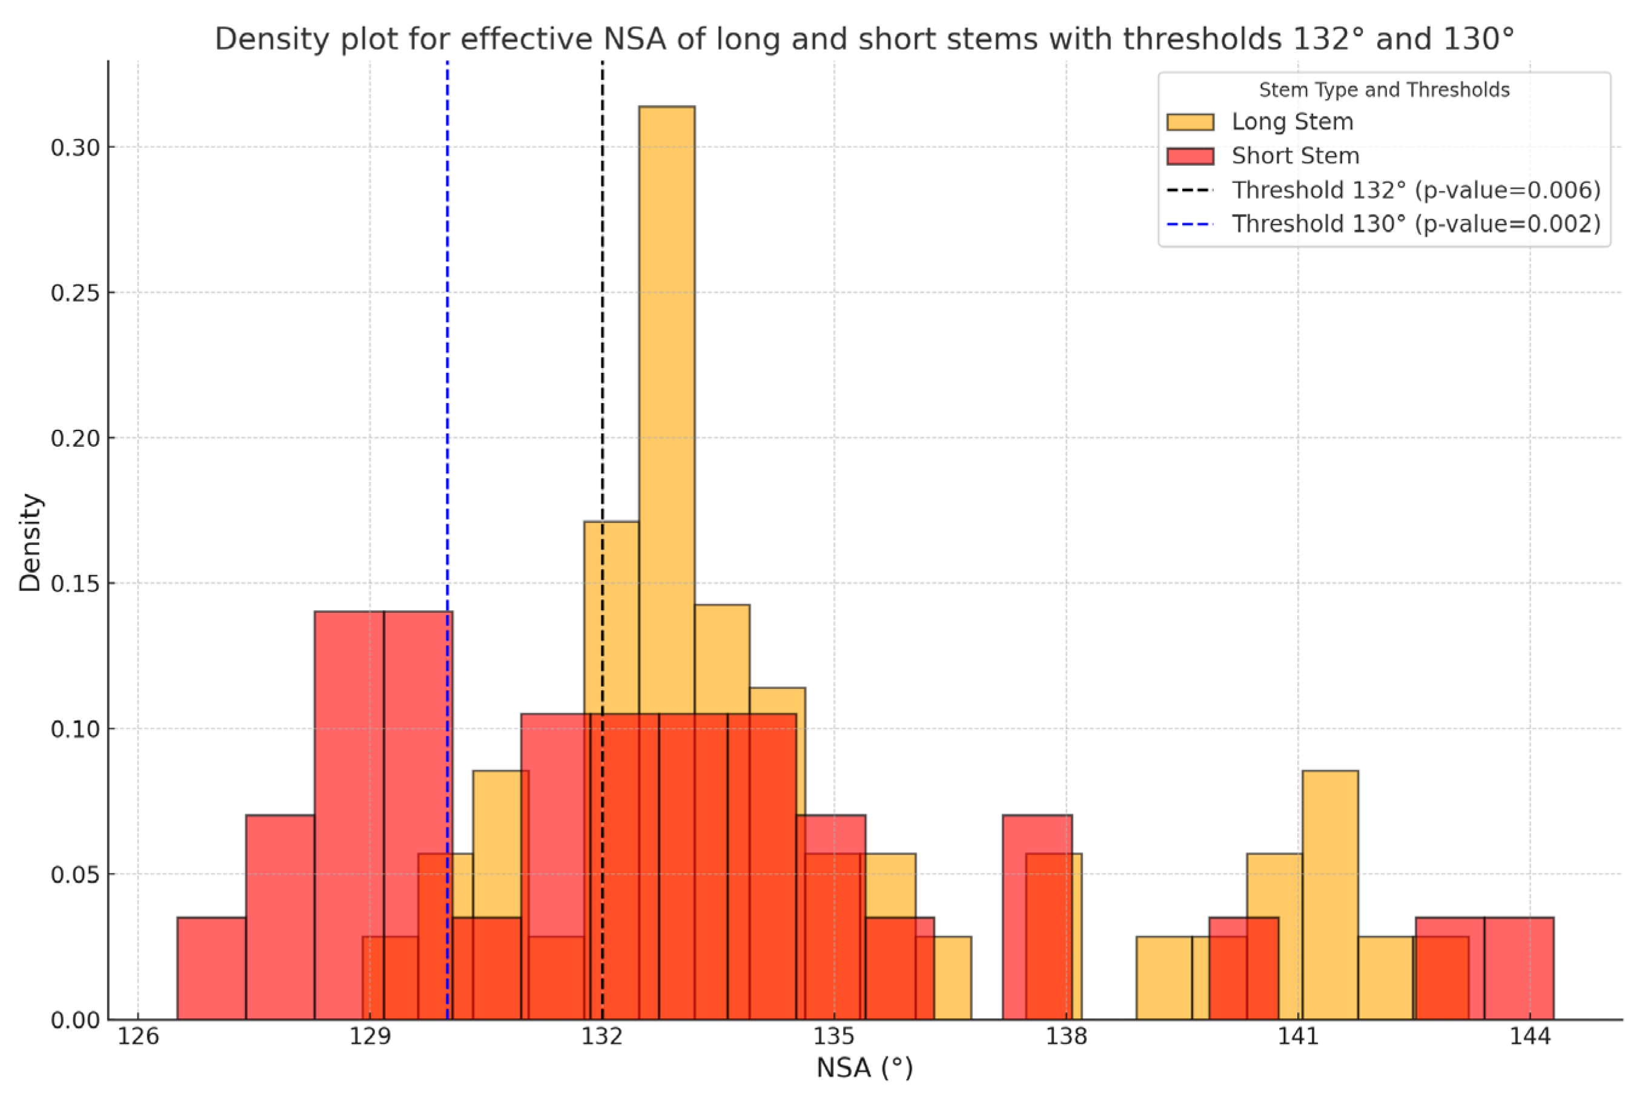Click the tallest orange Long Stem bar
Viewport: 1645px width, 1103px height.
click(666, 352)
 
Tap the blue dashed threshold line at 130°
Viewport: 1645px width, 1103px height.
click(448, 352)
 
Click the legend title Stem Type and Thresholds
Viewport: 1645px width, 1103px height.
click(1383, 90)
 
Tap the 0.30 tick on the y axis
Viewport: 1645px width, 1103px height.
click(74, 148)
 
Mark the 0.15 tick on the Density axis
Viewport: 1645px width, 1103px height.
click(74, 583)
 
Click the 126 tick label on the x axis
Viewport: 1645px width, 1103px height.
click(138, 1037)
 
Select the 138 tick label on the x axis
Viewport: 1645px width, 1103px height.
click(1066, 1037)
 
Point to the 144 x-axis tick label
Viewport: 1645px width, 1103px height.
click(1529, 1037)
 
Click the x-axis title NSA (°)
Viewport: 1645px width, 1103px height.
click(864, 1068)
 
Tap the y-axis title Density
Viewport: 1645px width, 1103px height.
click(30, 542)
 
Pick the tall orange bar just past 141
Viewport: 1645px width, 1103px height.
click(1330, 894)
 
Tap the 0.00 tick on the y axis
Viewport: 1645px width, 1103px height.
click(74, 1020)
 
